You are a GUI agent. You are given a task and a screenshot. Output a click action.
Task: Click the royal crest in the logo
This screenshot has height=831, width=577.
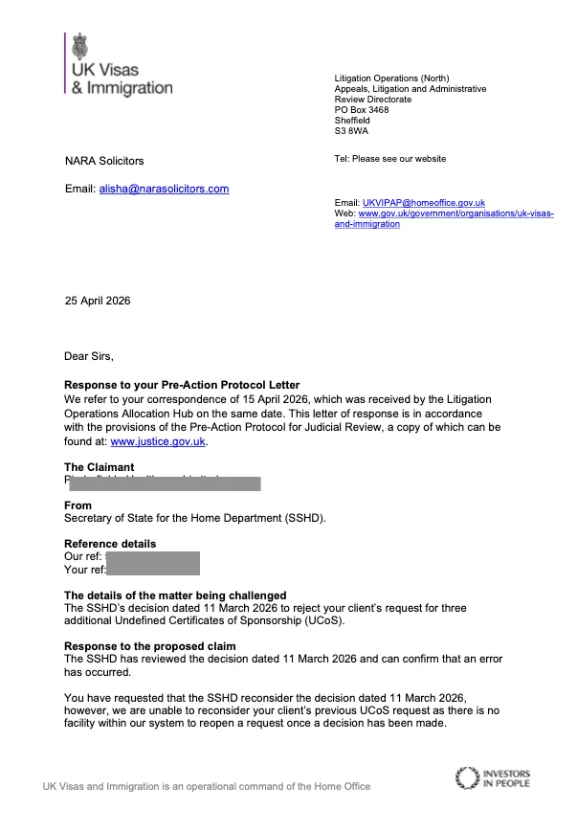[x=80, y=46]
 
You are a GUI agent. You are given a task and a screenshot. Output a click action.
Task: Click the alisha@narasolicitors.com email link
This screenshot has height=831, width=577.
[x=164, y=189]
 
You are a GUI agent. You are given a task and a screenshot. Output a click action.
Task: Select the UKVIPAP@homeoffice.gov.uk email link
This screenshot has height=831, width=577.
[x=423, y=203]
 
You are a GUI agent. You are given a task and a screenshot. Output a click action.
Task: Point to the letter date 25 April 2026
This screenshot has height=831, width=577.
[x=98, y=301]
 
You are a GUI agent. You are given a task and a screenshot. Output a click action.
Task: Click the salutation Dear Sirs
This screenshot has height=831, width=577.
[x=88, y=356]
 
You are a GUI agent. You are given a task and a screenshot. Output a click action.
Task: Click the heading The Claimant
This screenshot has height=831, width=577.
[x=99, y=467]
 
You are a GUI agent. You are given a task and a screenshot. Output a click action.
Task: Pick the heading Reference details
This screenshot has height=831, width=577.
[x=109, y=544]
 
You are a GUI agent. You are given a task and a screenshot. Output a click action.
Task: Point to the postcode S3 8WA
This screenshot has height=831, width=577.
[x=351, y=131]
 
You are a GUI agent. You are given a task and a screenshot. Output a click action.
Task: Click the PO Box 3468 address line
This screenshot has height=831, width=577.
[x=362, y=110]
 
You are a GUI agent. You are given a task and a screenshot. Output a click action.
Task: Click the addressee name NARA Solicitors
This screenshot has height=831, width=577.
[x=104, y=161]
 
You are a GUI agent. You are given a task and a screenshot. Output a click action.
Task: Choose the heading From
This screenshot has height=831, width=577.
[x=78, y=505]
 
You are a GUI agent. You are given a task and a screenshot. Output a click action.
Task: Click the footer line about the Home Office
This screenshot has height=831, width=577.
[x=206, y=787]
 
